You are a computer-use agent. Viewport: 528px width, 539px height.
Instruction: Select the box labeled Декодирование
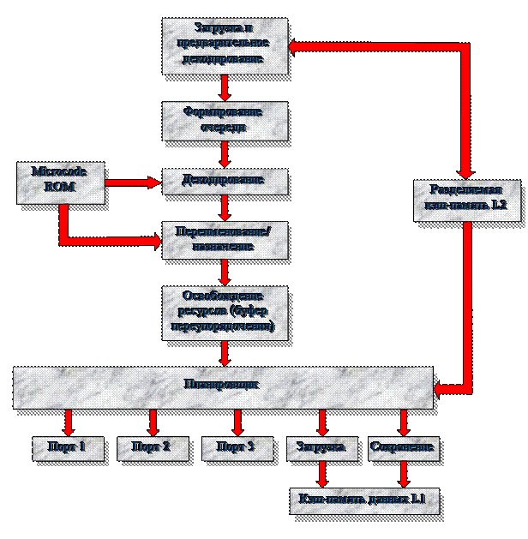point(224,181)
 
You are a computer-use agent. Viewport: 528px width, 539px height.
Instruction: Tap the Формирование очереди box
point(224,121)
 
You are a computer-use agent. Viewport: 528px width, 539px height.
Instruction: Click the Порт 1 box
point(69,447)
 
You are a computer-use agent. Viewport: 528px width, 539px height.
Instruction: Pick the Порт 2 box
point(152,447)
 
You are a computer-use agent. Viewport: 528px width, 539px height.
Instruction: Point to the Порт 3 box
point(237,447)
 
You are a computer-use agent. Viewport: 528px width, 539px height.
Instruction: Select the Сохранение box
point(403,447)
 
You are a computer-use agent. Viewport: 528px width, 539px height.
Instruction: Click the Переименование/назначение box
point(224,239)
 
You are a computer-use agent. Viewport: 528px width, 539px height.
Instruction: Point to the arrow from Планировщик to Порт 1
point(69,422)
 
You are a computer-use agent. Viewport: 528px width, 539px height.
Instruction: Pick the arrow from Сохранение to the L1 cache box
point(403,472)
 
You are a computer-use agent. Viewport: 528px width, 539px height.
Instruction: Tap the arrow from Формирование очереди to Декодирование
point(224,154)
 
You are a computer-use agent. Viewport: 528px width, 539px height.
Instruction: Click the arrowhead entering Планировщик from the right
point(441,390)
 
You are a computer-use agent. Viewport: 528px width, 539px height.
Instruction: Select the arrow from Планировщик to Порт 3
point(237,422)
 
